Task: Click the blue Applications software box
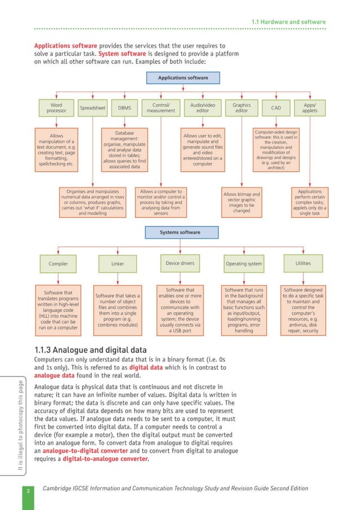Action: tap(183, 78)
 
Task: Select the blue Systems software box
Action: tap(179, 233)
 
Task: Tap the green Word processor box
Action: tap(56, 107)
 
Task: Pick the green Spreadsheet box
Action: tap(93, 107)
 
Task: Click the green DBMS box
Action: tap(124, 107)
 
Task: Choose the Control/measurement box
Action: tap(161, 107)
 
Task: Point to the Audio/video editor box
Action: tap(203, 107)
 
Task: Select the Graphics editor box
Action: tap(242, 107)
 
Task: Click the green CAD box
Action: tap(276, 107)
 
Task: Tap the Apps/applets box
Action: tap(310, 107)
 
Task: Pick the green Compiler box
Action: tap(58, 264)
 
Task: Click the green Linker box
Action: tap(118, 264)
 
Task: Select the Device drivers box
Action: tap(180, 263)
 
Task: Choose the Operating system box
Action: tap(243, 264)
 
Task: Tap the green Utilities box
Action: tap(303, 263)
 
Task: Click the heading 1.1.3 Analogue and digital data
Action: tap(91, 348)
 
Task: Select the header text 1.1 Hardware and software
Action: tap(288, 22)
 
